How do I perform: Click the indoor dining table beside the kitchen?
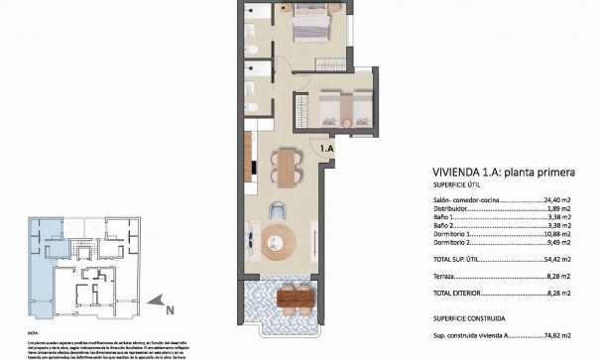(x=287, y=167)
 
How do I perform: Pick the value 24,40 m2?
(x=562, y=198)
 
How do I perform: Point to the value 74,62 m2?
(x=562, y=336)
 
